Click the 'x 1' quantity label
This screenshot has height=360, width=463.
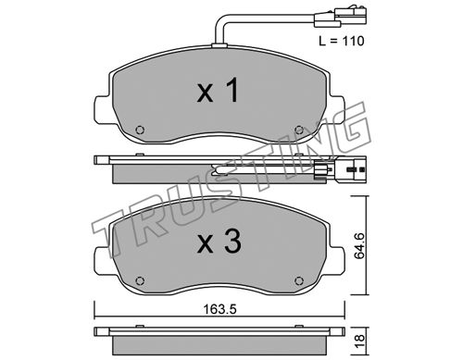click(x=218, y=90)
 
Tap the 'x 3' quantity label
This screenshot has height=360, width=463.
click(x=219, y=242)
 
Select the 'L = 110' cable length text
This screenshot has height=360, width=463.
click(x=342, y=41)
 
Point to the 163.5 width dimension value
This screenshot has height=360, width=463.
click(x=219, y=309)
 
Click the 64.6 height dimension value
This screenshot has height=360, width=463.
click(x=359, y=246)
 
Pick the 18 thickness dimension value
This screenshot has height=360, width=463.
click(x=359, y=341)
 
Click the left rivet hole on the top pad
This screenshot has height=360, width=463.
click(x=140, y=130)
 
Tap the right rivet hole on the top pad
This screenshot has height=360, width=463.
click(x=299, y=130)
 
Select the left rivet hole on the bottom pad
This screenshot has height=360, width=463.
click(x=140, y=280)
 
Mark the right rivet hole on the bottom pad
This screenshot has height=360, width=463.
click(x=299, y=280)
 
